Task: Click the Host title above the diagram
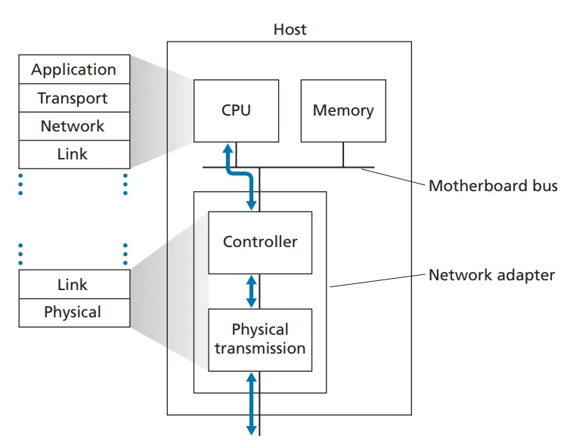coord(290,30)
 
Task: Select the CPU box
coord(236,110)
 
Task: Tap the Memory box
coord(343,110)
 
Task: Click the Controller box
coord(260,243)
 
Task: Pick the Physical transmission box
coord(260,339)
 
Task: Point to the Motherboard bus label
coord(493,186)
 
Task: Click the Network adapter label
coord(491,275)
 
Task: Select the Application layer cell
coord(74,70)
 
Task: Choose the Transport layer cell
coord(73,98)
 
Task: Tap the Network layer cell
coord(73,126)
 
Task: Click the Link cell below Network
coord(73,154)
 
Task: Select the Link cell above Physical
coord(73,285)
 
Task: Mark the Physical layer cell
coord(73,312)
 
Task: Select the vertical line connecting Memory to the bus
coord(343,154)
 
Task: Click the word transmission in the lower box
coord(260,348)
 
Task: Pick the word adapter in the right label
coord(526,275)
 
